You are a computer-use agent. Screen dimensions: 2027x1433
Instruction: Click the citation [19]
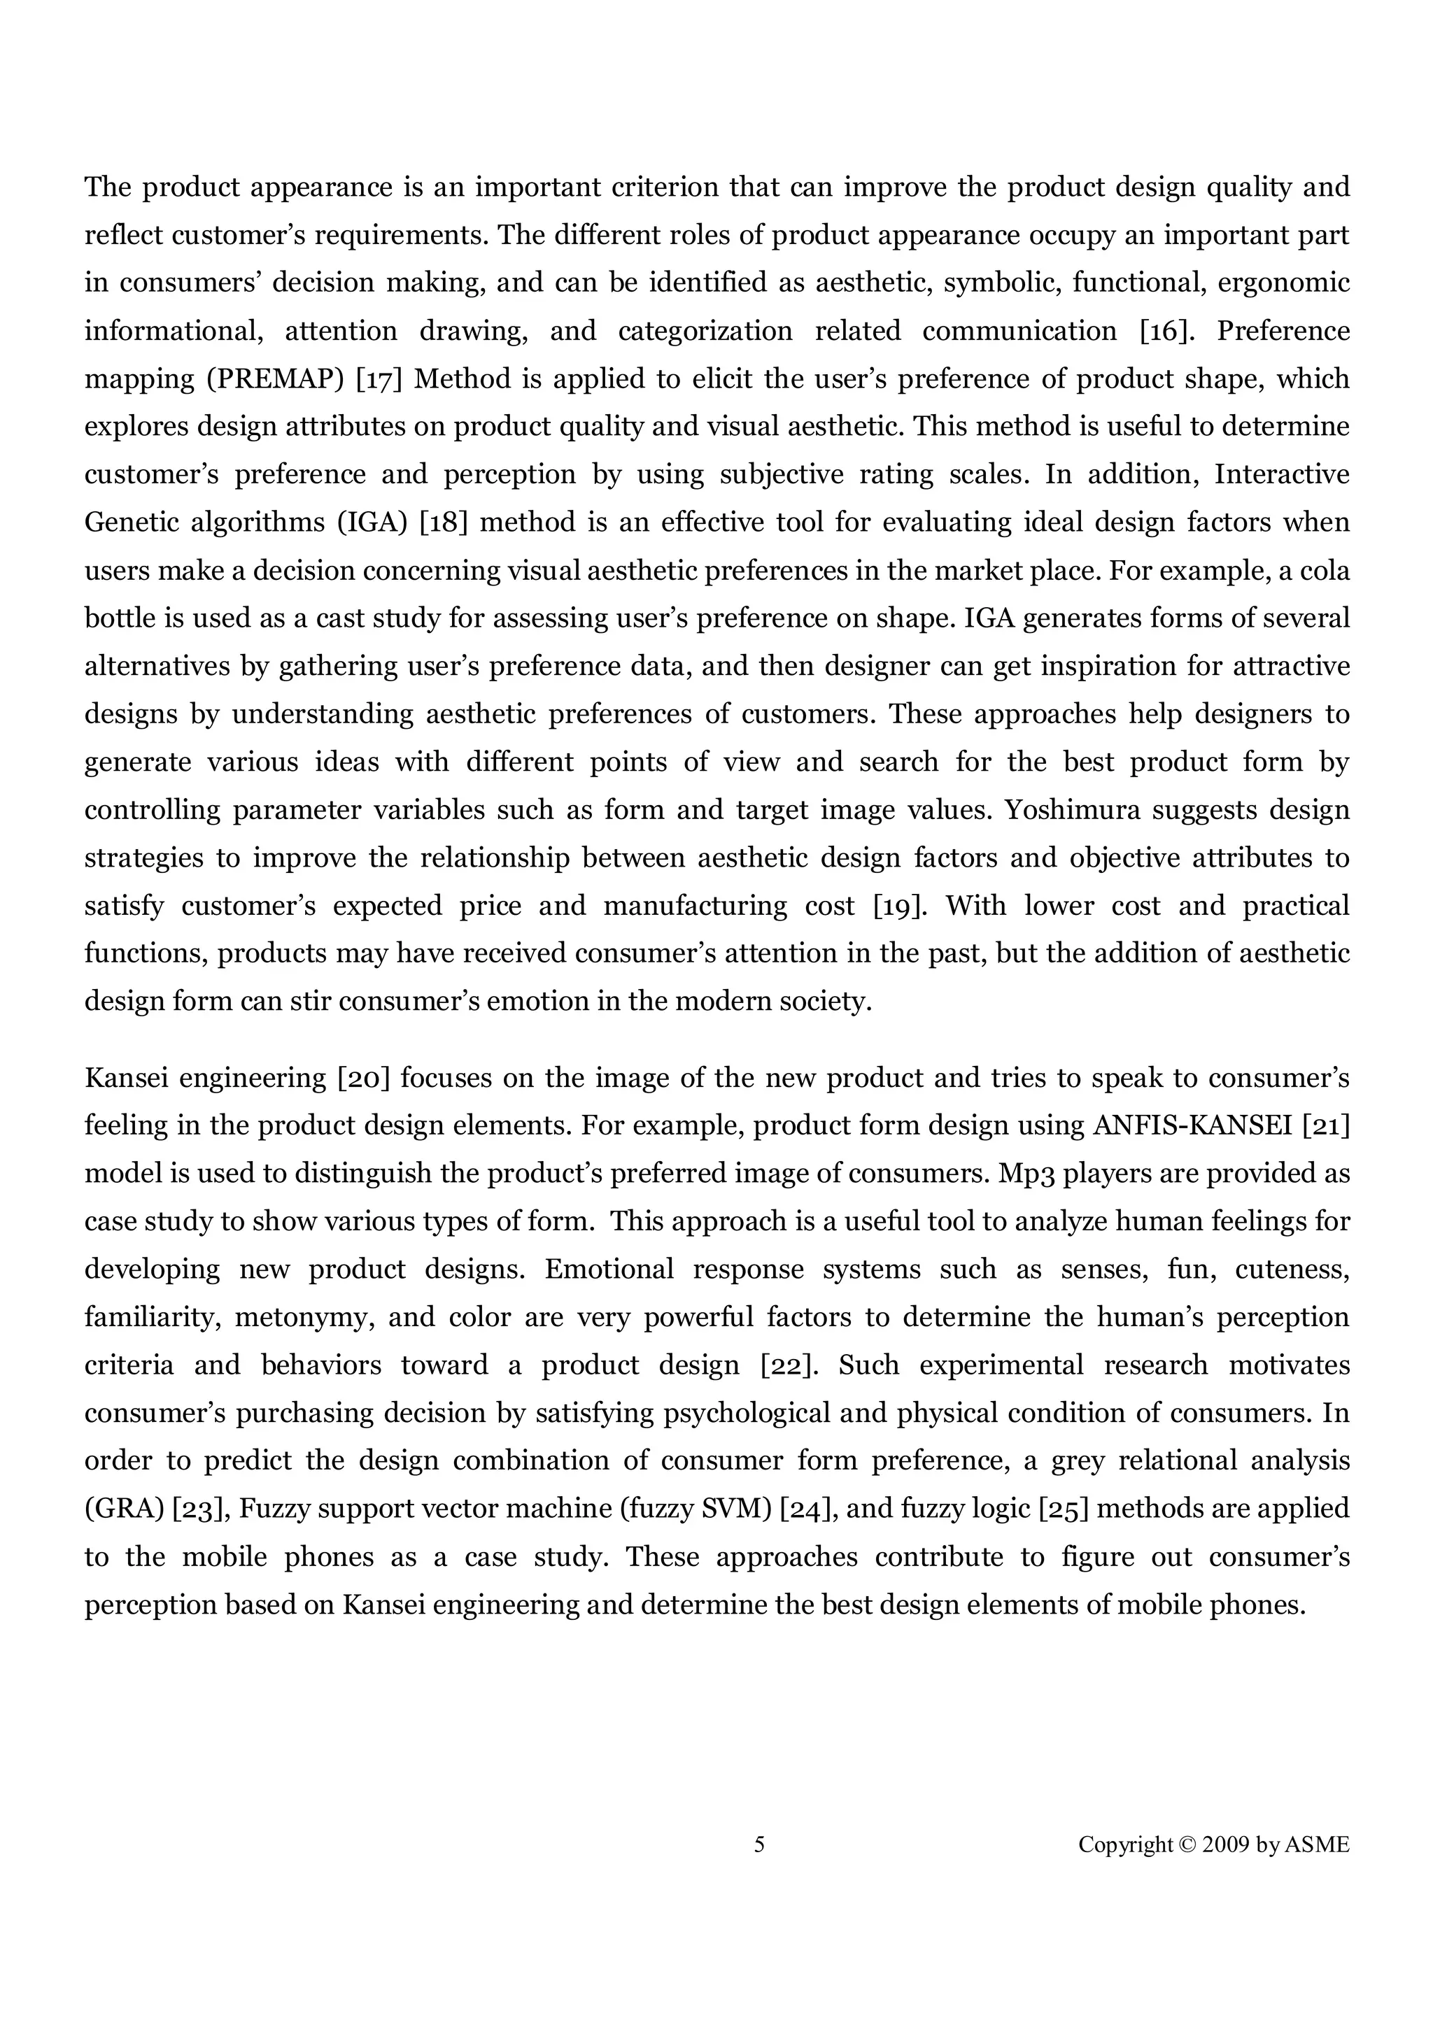click(900, 906)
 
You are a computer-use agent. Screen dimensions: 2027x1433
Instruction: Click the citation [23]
click(202, 1508)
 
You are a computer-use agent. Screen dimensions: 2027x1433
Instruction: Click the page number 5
click(759, 1844)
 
